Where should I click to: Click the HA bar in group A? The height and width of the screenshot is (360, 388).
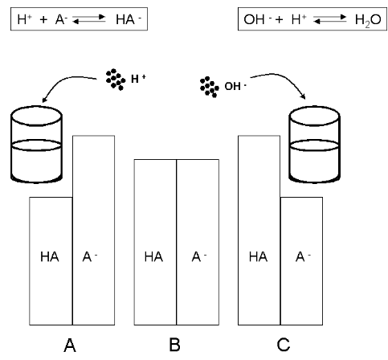pyautogui.click(x=51, y=261)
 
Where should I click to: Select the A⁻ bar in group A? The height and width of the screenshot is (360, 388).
pyautogui.click(x=94, y=231)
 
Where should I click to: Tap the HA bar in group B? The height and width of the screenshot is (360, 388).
pyautogui.click(x=155, y=242)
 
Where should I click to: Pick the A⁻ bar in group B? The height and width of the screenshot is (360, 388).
pyautogui.click(x=198, y=242)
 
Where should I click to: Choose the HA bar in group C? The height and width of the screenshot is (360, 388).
pyautogui.click(x=259, y=231)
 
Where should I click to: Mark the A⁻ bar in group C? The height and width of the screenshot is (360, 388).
pyautogui.click(x=301, y=261)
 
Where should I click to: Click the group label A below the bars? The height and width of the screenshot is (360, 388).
pyautogui.click(x=70, y=346)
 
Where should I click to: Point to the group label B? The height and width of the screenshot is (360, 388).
pyautogui.click(x=174, y=345)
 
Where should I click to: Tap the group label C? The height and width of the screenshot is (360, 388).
pyautogui.click(x=284, y=345)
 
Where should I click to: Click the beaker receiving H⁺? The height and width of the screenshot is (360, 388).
pyautogui.click(x=36, y=145)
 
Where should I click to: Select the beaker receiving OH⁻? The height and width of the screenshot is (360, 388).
pyautogui.click(x=314, y=145)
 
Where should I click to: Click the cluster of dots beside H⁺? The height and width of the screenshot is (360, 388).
pyautogui.click(x=116, y=80)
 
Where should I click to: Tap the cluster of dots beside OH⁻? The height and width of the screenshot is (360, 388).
pyautogui.click(x=210, y=87)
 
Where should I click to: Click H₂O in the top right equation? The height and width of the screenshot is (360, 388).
pyautogui.click(x=368, y=20)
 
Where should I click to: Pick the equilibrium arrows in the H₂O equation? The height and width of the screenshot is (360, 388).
pyautogui.click(x=330, y=19)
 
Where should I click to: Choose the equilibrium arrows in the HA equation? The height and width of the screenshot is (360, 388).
pyautogui.click(x=89, y=19)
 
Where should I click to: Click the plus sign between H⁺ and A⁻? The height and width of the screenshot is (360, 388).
pyautogui.click(x=43, y=19)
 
